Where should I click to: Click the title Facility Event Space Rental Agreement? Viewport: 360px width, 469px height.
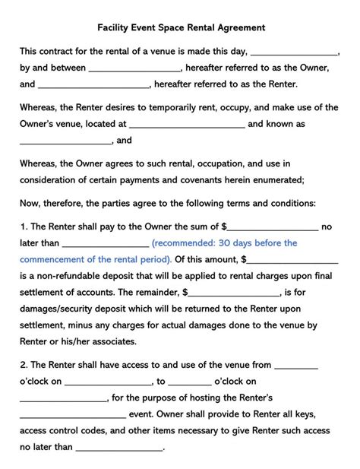coord(180,28)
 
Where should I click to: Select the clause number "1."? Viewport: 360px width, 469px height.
coord(24,227)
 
